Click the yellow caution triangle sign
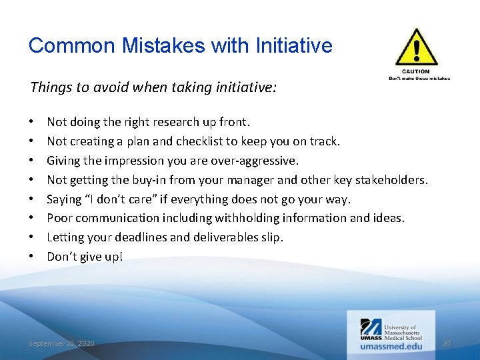click(x=417, y=47)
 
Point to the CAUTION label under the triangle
click(x=416, y=71)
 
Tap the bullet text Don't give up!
click(x=85, y=256)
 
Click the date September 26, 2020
click(x=61, y=343)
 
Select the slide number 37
click(x=447, y=343)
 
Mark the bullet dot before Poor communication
click(x=32, y=218)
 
